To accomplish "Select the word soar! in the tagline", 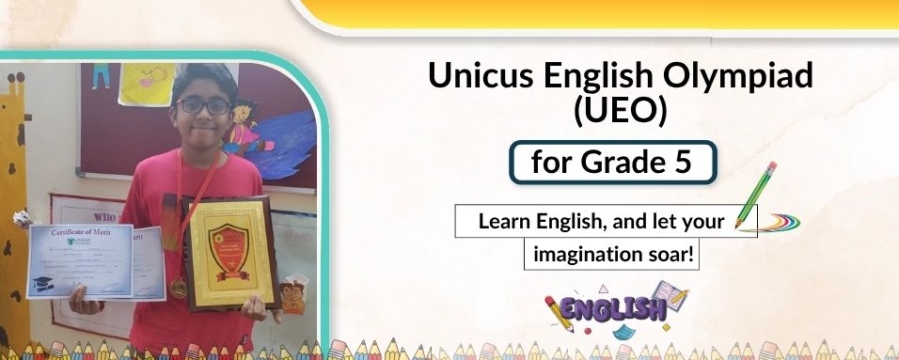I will coord(671,254).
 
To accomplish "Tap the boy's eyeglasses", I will coord(202,106).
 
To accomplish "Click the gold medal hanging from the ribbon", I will coord(179,288).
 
